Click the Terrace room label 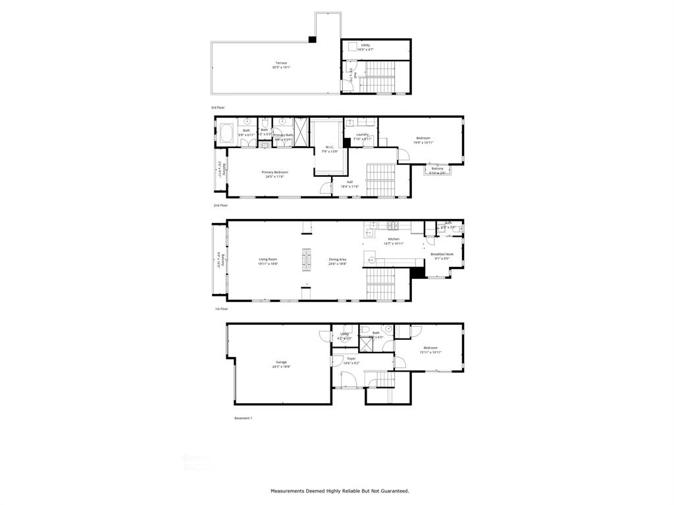tap(281, 63)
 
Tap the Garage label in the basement tap(281, 362)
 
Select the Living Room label tap(268, 259)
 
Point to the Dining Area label tap(338, 259)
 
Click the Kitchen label tap(394, 239)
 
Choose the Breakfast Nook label tap(442, 254)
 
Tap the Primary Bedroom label tap(274, 172)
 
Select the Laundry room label tap(362, 135)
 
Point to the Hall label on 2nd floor tap(350, 182)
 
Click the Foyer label tap(351, 358)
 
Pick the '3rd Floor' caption tap(218, 107)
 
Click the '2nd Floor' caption tap(220, 206)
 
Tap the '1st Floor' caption tap(220, 308)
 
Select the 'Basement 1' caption tap(243, 418)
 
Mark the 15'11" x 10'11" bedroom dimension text tap(430, 352)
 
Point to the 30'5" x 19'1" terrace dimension tap(281, 67)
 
